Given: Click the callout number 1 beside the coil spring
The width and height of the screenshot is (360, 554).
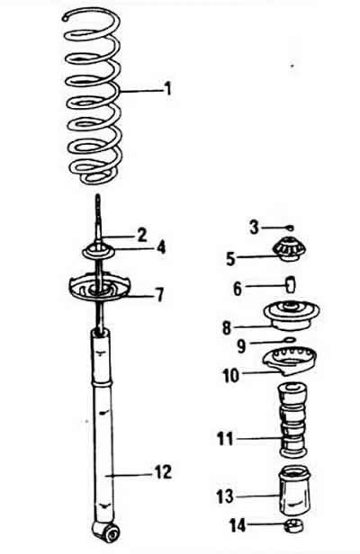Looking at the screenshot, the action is point(168,88).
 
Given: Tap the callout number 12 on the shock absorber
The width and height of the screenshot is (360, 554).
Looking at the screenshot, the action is point(164,471).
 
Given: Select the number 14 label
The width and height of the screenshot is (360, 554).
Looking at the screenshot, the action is point(238,525).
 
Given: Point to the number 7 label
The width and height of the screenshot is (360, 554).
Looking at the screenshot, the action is point(160,295).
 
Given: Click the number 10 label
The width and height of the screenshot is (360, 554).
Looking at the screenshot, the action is point(231,376).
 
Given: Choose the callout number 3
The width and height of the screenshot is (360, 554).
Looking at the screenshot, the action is point(255,228).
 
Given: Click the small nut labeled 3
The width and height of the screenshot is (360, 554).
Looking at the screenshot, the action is point(291,228).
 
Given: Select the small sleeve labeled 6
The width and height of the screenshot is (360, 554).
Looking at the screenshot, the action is point(291,285).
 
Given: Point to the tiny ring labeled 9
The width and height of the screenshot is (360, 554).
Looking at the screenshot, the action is point(290,340).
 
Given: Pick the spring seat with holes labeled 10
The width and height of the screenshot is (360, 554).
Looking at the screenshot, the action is point(290,361).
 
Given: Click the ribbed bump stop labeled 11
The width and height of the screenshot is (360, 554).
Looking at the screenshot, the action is point(292,420).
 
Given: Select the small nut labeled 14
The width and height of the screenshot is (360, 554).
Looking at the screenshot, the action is point(294,526).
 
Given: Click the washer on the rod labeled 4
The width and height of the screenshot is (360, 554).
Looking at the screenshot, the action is point(99,252).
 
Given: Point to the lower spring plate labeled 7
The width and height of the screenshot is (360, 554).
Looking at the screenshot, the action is point(99,287).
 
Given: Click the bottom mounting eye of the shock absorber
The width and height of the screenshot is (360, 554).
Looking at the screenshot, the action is point(107,532).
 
